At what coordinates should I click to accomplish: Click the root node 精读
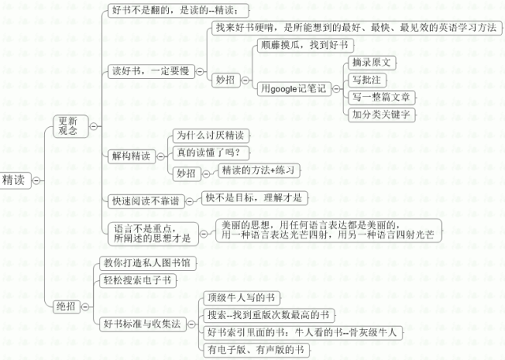15,180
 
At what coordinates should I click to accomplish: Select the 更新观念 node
68,126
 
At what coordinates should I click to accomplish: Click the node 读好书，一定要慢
148,70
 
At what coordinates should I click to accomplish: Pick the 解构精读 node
131,156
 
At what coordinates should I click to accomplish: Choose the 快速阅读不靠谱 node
145,201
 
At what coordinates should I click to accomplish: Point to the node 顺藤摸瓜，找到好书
302,45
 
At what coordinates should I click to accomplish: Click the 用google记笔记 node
294,88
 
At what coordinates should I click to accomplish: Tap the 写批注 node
367,79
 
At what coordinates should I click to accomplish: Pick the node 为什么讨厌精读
209,135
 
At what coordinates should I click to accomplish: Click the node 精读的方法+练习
257,170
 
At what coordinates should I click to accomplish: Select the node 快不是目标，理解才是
254,197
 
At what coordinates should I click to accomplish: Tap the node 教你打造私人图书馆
147,262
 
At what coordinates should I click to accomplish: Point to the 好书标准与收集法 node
143,323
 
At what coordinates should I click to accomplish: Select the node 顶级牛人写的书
239,298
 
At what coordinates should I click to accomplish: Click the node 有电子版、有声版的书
255,349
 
